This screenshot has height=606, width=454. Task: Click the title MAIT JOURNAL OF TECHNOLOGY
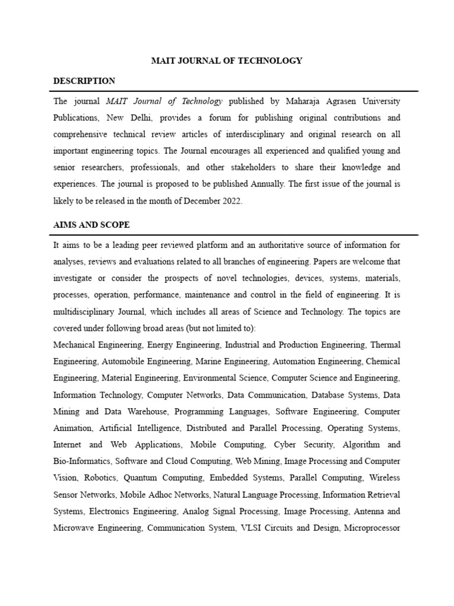coord(227,60)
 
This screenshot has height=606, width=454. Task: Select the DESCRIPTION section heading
coord(84,81)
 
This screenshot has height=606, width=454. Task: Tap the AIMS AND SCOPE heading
coord(91,225)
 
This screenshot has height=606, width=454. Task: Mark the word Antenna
coord(367,511)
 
